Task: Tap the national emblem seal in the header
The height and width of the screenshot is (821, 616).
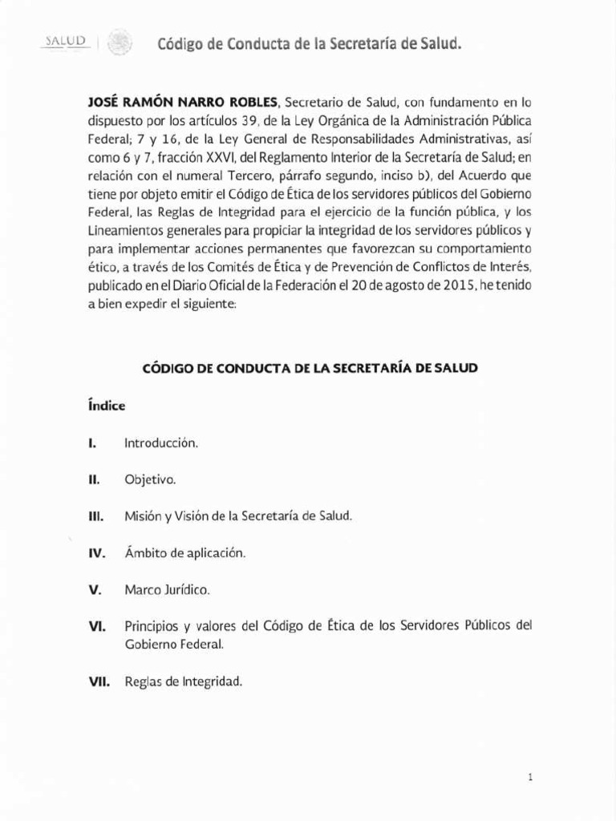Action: click(120, 42)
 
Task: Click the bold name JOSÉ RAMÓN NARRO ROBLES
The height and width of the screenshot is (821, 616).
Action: click(183, 103)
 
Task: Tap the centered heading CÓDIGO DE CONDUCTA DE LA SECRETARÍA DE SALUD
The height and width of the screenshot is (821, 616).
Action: click(310, 368)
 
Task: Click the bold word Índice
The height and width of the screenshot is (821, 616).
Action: click(107, 406)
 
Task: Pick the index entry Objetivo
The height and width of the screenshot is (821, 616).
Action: click(150, 479)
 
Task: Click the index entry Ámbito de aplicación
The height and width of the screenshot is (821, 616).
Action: click(184, 553)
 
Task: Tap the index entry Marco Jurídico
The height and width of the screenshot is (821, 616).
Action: click(167, 590)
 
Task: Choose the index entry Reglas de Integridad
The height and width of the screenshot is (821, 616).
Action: click(184, 682)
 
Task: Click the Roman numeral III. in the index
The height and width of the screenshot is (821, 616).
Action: click(96, 516)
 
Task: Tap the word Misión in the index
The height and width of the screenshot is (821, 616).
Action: click(143, 516)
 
